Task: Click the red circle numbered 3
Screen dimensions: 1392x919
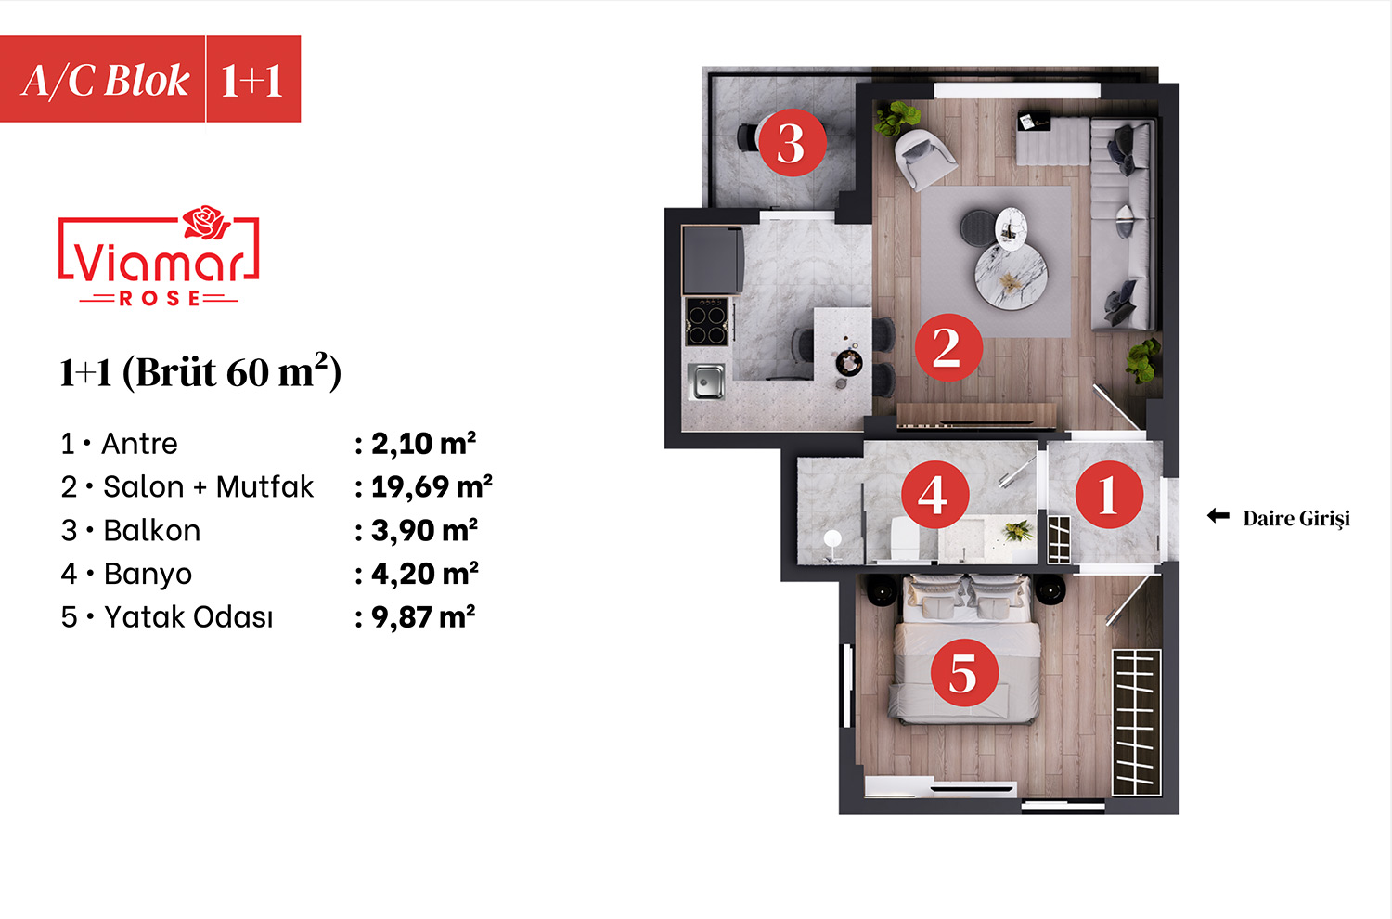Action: click(793, 142)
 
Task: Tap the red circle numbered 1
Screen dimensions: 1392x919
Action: click(1109, 495)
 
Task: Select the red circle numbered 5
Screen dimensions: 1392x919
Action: click(964, 673)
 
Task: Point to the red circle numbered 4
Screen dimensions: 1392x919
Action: click(935, 495)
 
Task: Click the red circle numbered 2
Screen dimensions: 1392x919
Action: click(948, 347)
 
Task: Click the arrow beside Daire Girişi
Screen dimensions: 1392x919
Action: click(1218, 515)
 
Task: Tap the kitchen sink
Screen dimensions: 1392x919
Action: click(706, 381)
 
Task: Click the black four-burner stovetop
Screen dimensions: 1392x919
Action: click(706, 321)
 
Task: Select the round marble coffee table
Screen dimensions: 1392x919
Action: click(1011, 276)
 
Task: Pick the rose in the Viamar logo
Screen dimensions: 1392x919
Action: click(206, 222)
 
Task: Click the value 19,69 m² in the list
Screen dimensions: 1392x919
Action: click(432, 486)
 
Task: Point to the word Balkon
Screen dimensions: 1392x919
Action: click(151, 530)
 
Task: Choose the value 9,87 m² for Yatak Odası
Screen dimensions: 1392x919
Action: click(423, 616)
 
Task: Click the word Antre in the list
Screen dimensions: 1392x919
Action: click(139, 444)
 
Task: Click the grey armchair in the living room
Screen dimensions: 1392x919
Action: click(924, 158)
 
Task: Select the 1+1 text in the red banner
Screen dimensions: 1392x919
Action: click(251, 81)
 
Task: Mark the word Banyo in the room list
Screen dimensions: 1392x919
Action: click(148, 575)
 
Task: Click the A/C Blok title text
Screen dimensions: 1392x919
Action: click(106, 81)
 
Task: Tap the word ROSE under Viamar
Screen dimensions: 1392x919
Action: click(159, 299)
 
